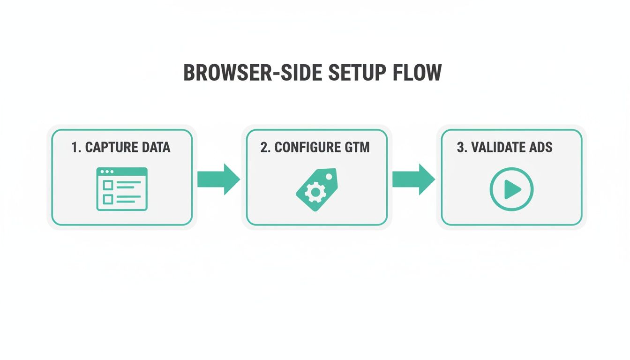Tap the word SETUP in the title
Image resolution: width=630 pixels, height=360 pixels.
point(358,73)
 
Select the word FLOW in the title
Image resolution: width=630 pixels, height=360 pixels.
point(418,73)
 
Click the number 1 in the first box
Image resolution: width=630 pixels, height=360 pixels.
point(75,147)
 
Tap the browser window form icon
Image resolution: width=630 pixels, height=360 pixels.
point(122,189)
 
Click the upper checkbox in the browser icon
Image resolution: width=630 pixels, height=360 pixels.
point(108,184)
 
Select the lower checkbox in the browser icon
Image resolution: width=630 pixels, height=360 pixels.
point(108,199)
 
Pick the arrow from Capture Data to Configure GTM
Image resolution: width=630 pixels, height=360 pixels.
point(218,179)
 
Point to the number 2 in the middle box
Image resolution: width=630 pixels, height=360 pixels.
point(265,147)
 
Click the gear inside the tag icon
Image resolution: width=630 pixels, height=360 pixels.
point(315,192)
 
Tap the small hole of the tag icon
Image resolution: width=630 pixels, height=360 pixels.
point(329,177)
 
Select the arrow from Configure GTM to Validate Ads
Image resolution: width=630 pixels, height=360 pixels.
point(413,179)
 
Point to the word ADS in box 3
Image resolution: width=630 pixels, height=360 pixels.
point(540,147)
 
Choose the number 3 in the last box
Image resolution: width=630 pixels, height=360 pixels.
point(461,147)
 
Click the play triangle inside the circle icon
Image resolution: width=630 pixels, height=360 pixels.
point(512,189)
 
